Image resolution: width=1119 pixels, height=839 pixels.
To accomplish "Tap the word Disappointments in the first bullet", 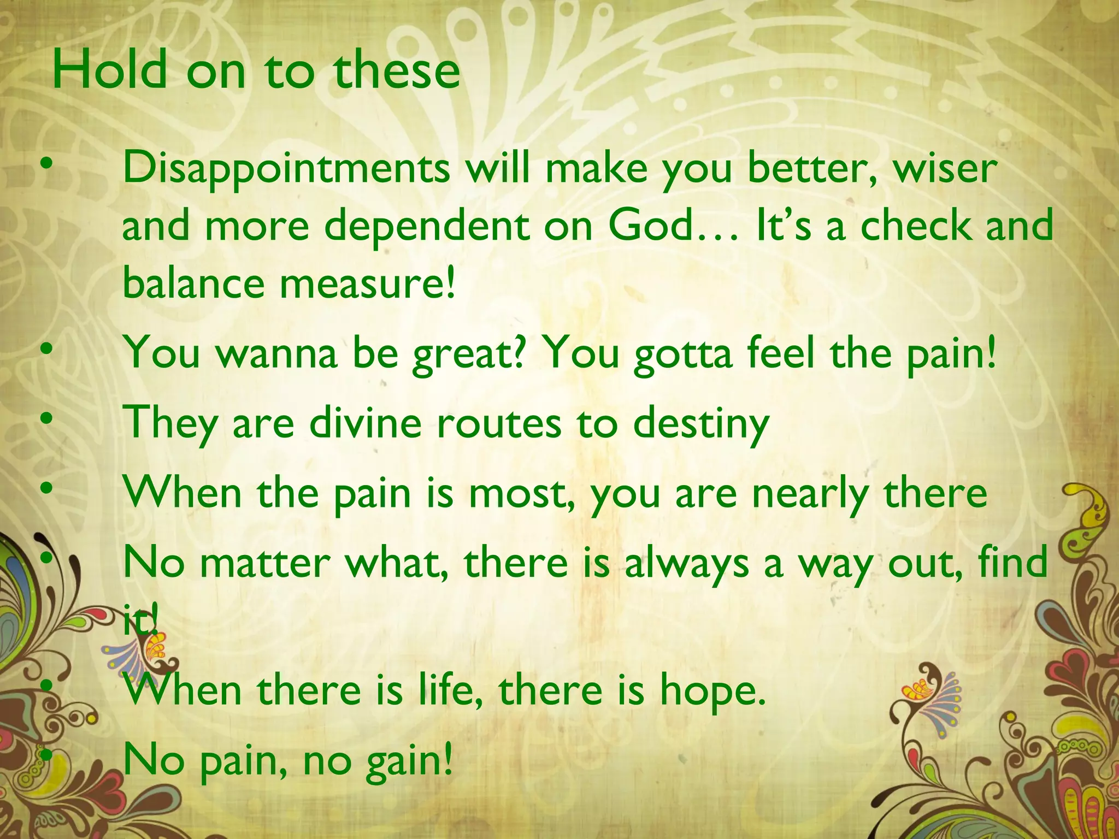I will (x=286, y=168).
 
